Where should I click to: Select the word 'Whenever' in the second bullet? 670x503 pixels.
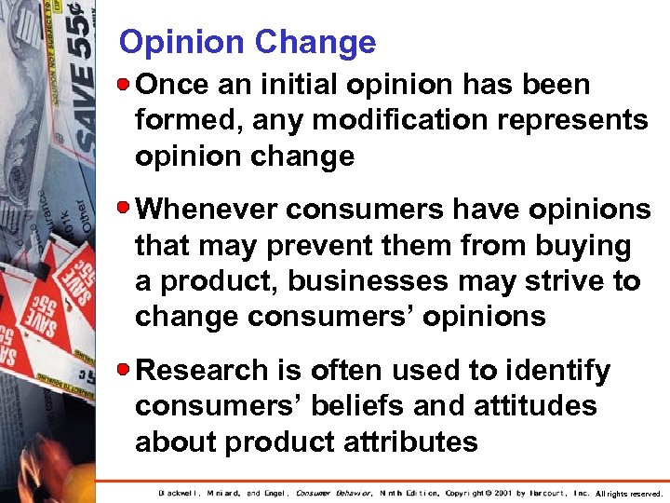coord(207,211)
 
